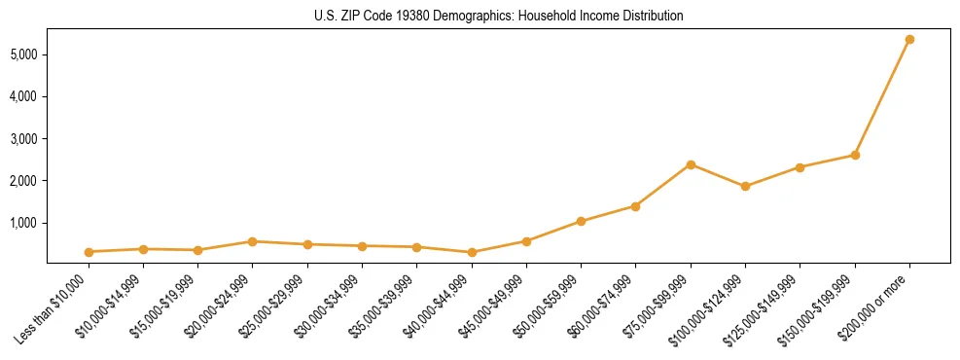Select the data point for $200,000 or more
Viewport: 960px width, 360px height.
click(909, 39)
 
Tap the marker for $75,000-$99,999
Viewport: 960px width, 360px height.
click(691, 164)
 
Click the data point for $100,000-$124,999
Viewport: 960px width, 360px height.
click(745, 186)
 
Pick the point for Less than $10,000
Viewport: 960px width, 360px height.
click(89, 252)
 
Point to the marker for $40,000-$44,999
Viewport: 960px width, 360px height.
click(472, 253)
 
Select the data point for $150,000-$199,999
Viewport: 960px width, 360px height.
click(855, 155)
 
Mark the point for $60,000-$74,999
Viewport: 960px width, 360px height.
click(635, 206)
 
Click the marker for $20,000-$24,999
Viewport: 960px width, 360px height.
click(253, 241)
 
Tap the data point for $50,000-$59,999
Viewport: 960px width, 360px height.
click(581, 221)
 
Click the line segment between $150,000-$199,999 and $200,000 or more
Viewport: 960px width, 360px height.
click(882, 97)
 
